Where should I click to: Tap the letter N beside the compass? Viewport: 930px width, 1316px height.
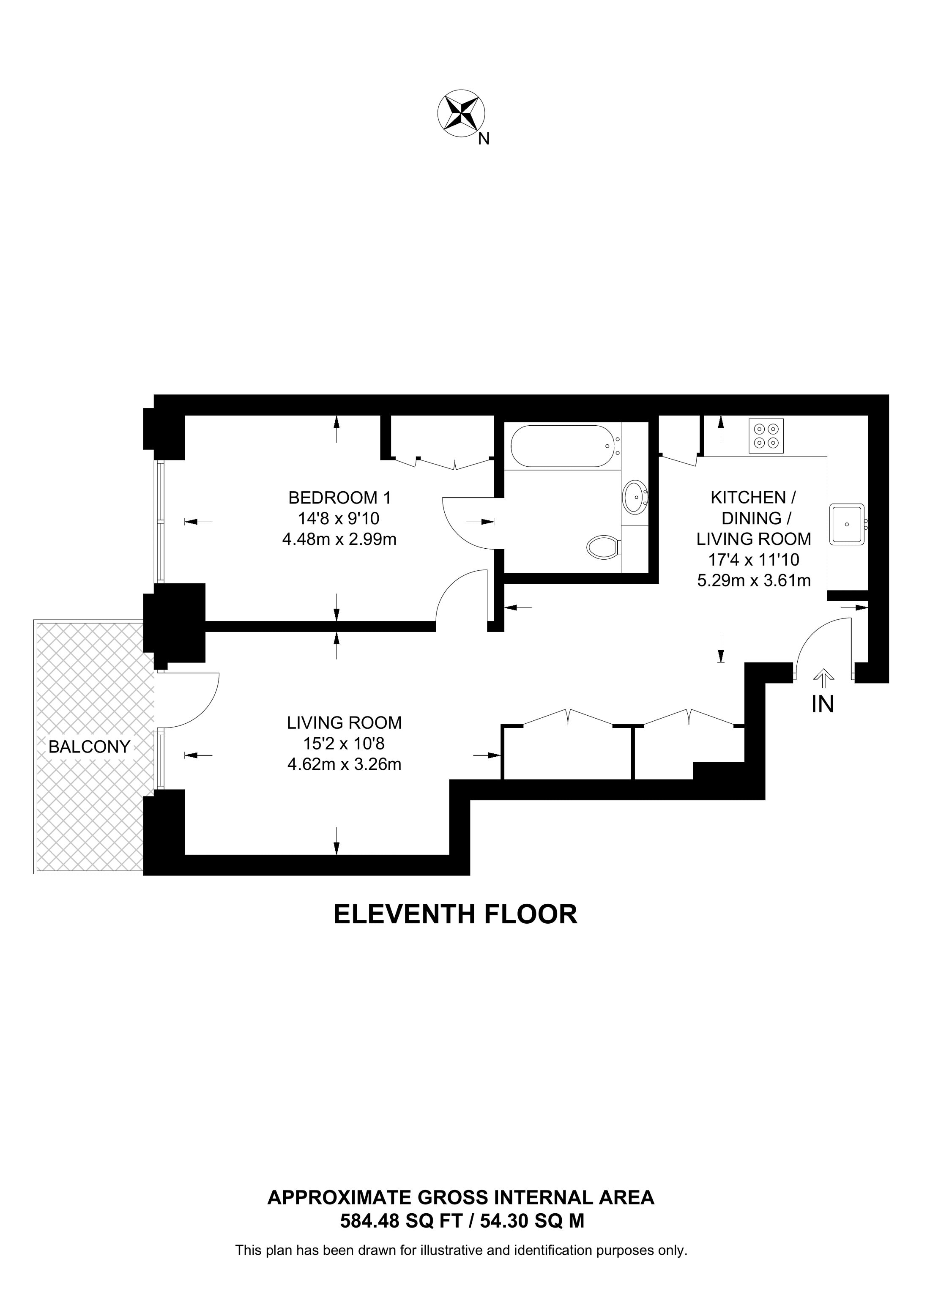point(484,139)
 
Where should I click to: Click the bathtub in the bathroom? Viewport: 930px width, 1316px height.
point(561,446)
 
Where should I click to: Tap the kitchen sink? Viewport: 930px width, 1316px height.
point(847,524)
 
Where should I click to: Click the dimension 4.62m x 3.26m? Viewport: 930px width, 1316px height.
point(344,764)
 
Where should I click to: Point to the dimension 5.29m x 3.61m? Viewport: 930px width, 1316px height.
point(754,580)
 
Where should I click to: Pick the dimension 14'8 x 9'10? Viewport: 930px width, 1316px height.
point(339,518)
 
